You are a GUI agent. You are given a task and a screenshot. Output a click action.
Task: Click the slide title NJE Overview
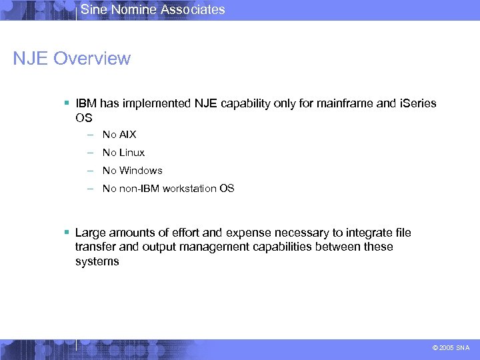coord(72,59)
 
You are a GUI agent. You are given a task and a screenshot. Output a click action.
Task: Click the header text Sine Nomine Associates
coord(153,9)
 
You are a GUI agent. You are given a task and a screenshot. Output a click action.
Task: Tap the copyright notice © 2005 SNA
coord(451,347)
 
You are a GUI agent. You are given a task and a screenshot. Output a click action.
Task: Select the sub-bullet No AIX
coord(119,135)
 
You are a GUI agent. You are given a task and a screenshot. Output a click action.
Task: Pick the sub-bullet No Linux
coord(123,153)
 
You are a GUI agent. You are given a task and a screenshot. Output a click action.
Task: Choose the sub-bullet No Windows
coord(132,171)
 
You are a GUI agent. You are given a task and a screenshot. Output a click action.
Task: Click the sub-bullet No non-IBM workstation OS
coord(168,189)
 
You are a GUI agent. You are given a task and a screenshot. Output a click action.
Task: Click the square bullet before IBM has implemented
coord(67,104)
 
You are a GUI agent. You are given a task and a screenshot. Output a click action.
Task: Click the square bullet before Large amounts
coord(67,233)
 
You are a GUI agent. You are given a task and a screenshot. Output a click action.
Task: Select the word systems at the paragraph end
coord(97,261)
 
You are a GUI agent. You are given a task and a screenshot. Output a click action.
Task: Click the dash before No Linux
coord(89,153)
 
